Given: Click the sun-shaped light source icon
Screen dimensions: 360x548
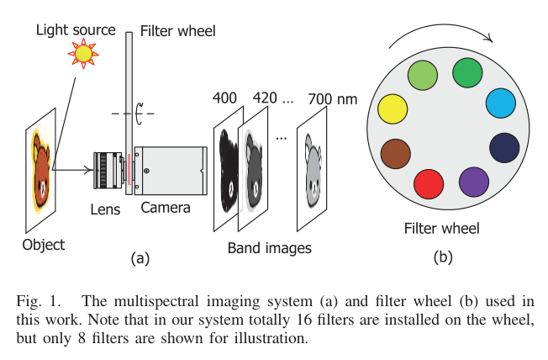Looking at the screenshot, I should [x=83, y=54].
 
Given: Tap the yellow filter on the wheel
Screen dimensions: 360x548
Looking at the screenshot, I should [x=393, y=110].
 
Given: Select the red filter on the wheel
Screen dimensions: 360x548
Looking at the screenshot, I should [x=429, y=183].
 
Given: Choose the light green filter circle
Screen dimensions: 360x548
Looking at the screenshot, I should [x=423, y=76].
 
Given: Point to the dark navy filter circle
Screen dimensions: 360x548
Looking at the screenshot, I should [x=504, y=146].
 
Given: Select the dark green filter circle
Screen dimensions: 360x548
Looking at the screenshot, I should [x=466, y=72].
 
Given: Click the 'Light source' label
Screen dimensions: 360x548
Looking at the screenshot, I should [x=75, y=30].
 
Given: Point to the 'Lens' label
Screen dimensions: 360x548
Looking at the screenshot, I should [x=106, y=209].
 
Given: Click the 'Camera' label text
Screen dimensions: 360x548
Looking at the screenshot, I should [x=166, y=208].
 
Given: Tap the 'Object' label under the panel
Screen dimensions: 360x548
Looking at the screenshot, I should [x=43, y=245].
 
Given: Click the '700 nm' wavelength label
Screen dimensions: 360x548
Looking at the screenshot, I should [x=333, y=98].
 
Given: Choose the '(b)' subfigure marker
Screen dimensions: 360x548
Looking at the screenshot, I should [x=442, y=258].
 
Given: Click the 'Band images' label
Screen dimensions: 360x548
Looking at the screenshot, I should [x=270, y=247].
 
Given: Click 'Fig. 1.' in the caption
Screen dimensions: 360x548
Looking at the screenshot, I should [x=37, y=301].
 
